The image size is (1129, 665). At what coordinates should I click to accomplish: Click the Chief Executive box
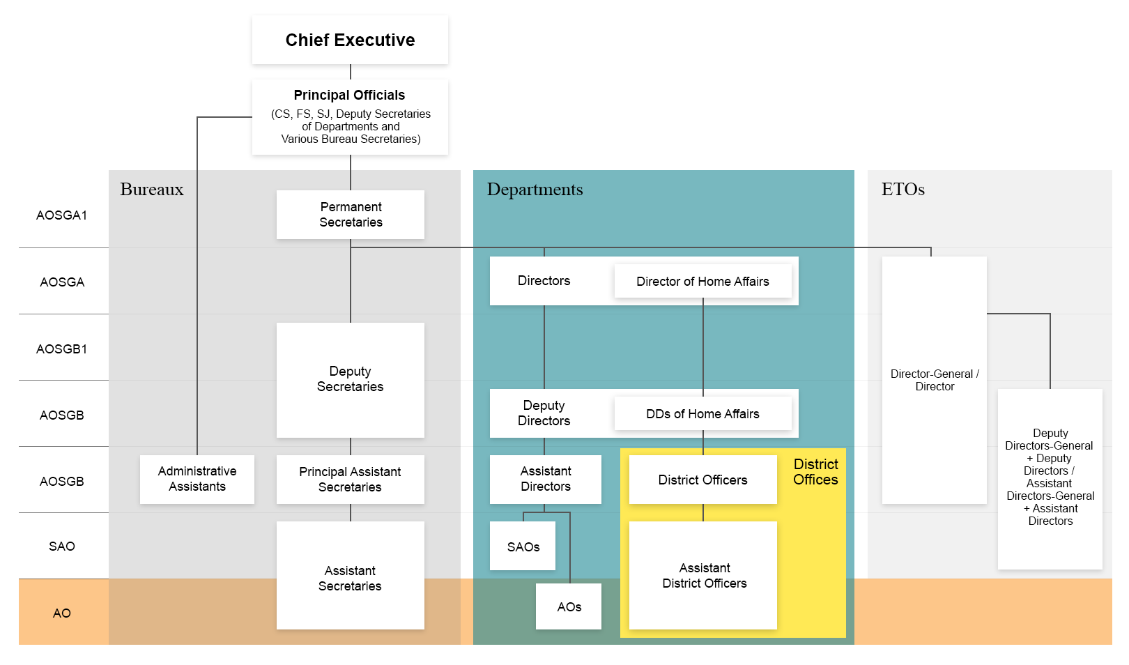[x=350, y=40]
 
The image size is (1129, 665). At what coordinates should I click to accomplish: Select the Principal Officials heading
[x=349, y=95]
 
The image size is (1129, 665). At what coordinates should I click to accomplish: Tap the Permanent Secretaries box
[x=351, y=215]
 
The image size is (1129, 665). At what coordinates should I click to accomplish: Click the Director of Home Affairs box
[x=702, y=282]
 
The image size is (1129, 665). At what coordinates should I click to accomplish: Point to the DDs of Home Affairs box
[x=702, y=414]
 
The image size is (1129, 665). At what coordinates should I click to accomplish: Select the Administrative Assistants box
[x=197, y=479]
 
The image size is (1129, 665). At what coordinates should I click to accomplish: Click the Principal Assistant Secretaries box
[x=350, y=480]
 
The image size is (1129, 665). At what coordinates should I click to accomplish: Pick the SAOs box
[x=523, y=546]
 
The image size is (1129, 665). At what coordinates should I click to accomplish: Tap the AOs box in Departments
[x=569, y=606]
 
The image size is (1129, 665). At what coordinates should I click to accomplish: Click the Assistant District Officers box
[x=703, y=576]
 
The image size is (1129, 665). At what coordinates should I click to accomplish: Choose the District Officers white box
[x=702, y=480]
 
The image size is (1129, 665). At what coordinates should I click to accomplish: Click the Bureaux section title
[x=152, y=190]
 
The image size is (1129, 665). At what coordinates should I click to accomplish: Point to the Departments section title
[x=535, y=190]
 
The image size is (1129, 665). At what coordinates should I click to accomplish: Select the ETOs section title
[x=903, y=190]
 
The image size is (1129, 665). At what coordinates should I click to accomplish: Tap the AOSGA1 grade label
[x=61, y=215]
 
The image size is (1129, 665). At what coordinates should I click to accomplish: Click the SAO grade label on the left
[x=61, y=546]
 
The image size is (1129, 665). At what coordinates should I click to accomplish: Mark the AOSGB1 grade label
[x=61, y=349]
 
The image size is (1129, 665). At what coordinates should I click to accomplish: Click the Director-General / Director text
[x=935, y=380]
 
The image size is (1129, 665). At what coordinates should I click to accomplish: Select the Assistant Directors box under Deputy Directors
[x=545, y=479]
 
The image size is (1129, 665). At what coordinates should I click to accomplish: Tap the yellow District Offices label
[x=815, y=472]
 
